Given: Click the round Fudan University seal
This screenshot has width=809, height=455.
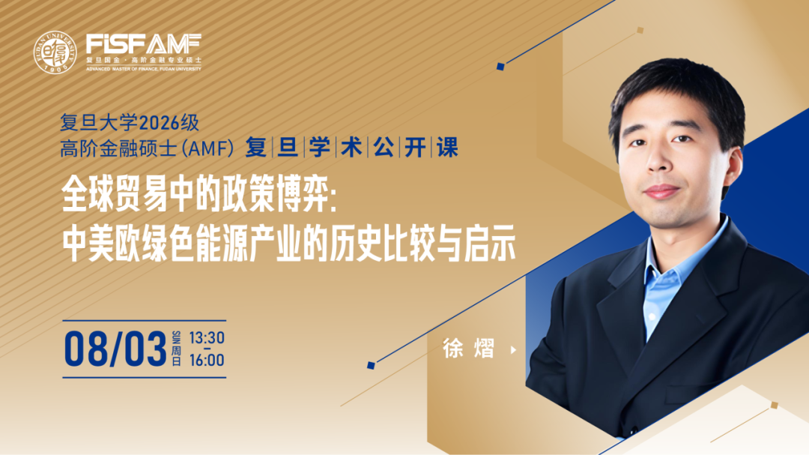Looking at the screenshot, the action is (55, 52).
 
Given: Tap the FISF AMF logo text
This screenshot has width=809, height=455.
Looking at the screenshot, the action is (143, 44).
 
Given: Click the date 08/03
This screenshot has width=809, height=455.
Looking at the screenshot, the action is (115, 349).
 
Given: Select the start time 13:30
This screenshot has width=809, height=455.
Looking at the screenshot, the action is (207, 338).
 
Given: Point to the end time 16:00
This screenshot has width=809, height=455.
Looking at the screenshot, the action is (207, 360).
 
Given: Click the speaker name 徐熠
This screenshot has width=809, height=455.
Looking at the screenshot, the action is (468, 349).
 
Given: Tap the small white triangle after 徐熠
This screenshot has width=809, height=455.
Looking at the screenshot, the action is (513, 349).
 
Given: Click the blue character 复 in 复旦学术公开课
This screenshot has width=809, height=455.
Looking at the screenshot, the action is (256, 147).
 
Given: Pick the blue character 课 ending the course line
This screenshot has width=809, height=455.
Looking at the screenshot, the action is (447, 147).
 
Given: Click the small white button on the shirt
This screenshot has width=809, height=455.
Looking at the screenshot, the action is (652, 316).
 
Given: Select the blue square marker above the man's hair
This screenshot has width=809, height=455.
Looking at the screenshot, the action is (500, 66).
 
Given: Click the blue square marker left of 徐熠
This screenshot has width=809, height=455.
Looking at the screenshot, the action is (371, 365).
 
